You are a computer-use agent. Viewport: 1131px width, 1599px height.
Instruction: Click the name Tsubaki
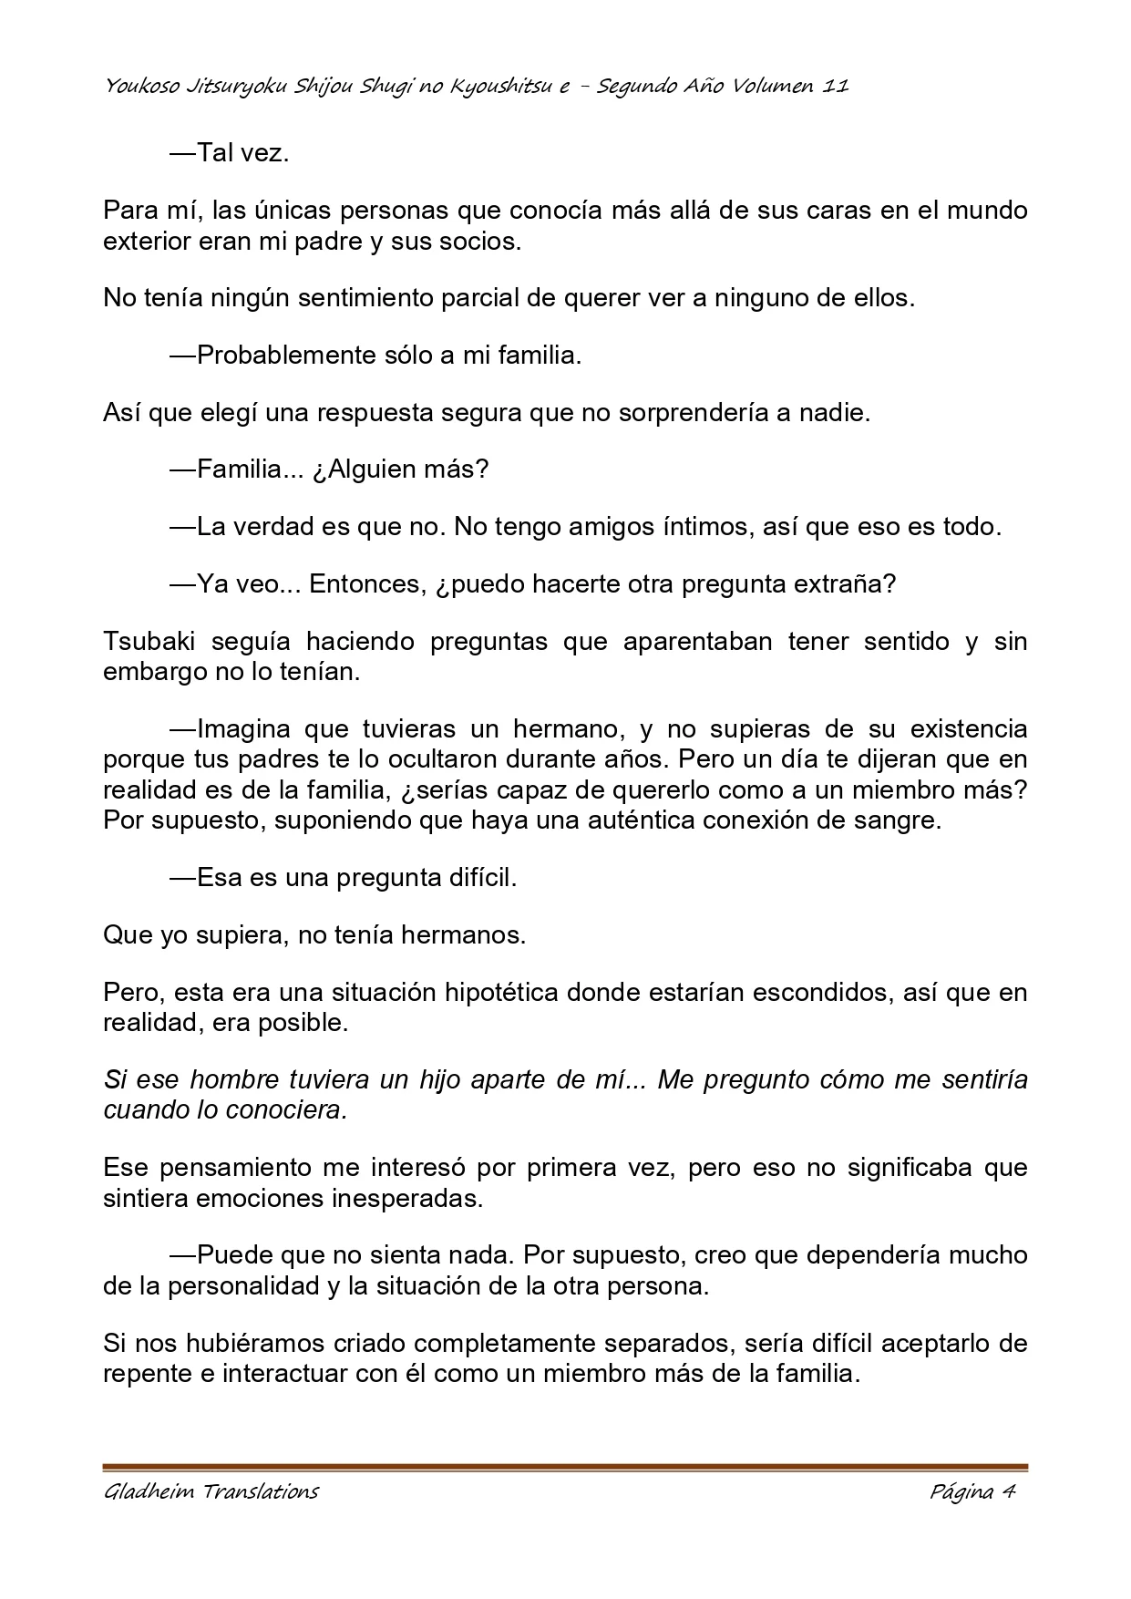pos(149,642)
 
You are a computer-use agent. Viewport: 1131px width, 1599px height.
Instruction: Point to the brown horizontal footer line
pos(565,1468)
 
